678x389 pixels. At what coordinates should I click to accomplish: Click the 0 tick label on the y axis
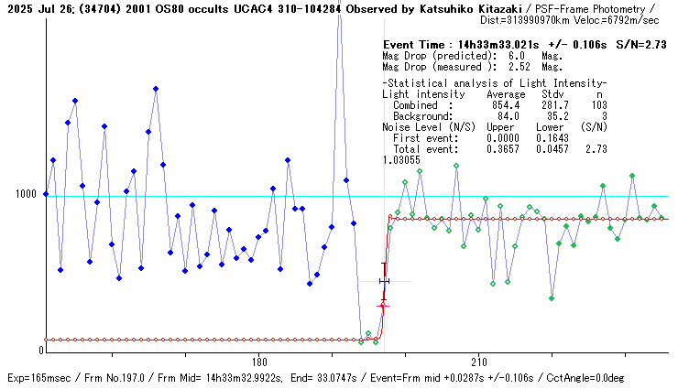tap(40, 351)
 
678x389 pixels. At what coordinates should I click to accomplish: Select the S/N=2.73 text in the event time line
tap(640, 45)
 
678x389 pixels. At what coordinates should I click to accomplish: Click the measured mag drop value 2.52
tap(521, 66)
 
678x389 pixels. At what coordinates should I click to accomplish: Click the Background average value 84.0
tap(508, 116)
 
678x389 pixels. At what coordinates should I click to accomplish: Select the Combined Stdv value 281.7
tap(552, 105)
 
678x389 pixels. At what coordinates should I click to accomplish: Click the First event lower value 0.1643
tap(552, 137)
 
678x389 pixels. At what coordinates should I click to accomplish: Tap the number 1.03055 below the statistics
tap(400, 159)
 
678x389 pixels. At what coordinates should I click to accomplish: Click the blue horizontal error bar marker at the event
tap(384, 280)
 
